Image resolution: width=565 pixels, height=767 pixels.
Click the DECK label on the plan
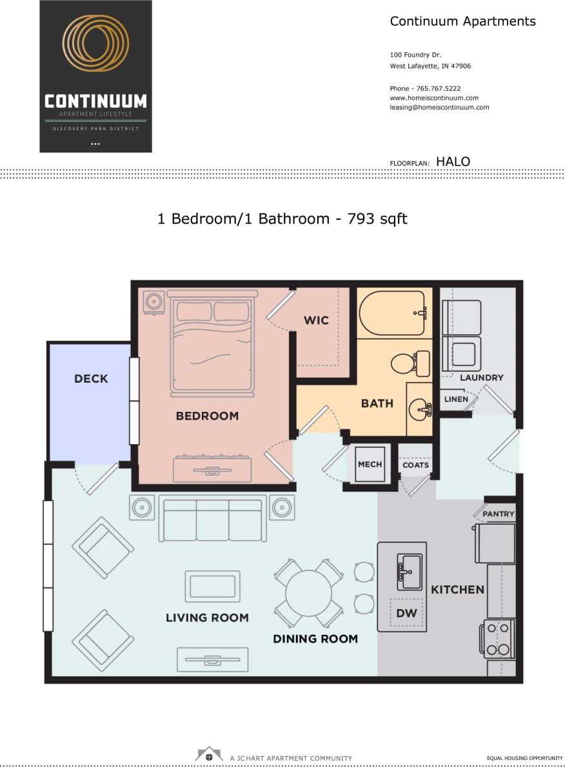coord(91,379)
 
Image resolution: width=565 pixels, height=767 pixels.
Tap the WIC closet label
coord(316,320)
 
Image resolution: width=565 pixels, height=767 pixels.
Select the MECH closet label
coord(370,464)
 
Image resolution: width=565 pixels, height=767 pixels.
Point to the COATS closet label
coord(415,465)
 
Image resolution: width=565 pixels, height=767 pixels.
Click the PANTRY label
coord(499,514)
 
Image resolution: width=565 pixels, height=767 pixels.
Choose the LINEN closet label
coord(456,400)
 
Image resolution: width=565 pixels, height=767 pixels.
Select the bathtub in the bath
coord(391,313)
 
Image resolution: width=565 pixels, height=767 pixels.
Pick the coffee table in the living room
coord(212,587)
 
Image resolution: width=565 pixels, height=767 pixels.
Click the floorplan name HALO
coord(453,162)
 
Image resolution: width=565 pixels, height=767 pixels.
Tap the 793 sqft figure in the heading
coord(377,219)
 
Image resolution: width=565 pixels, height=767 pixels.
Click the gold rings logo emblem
coord(95,43)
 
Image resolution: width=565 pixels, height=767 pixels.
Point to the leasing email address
coord(439,108)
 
